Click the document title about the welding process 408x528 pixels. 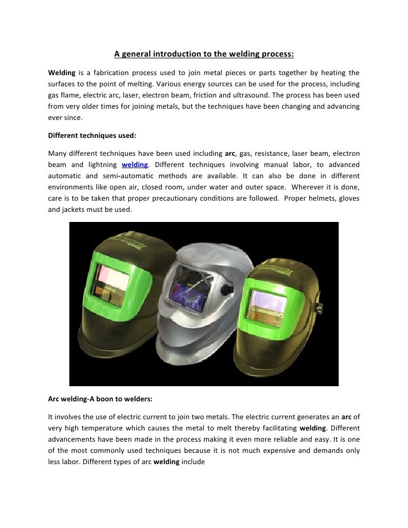click(x=204, y=54)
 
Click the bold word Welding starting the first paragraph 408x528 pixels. click(x=60, y=73)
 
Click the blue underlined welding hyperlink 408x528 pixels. click(x=135, y=165)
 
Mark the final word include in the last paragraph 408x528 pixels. click(x=193, y=461)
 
